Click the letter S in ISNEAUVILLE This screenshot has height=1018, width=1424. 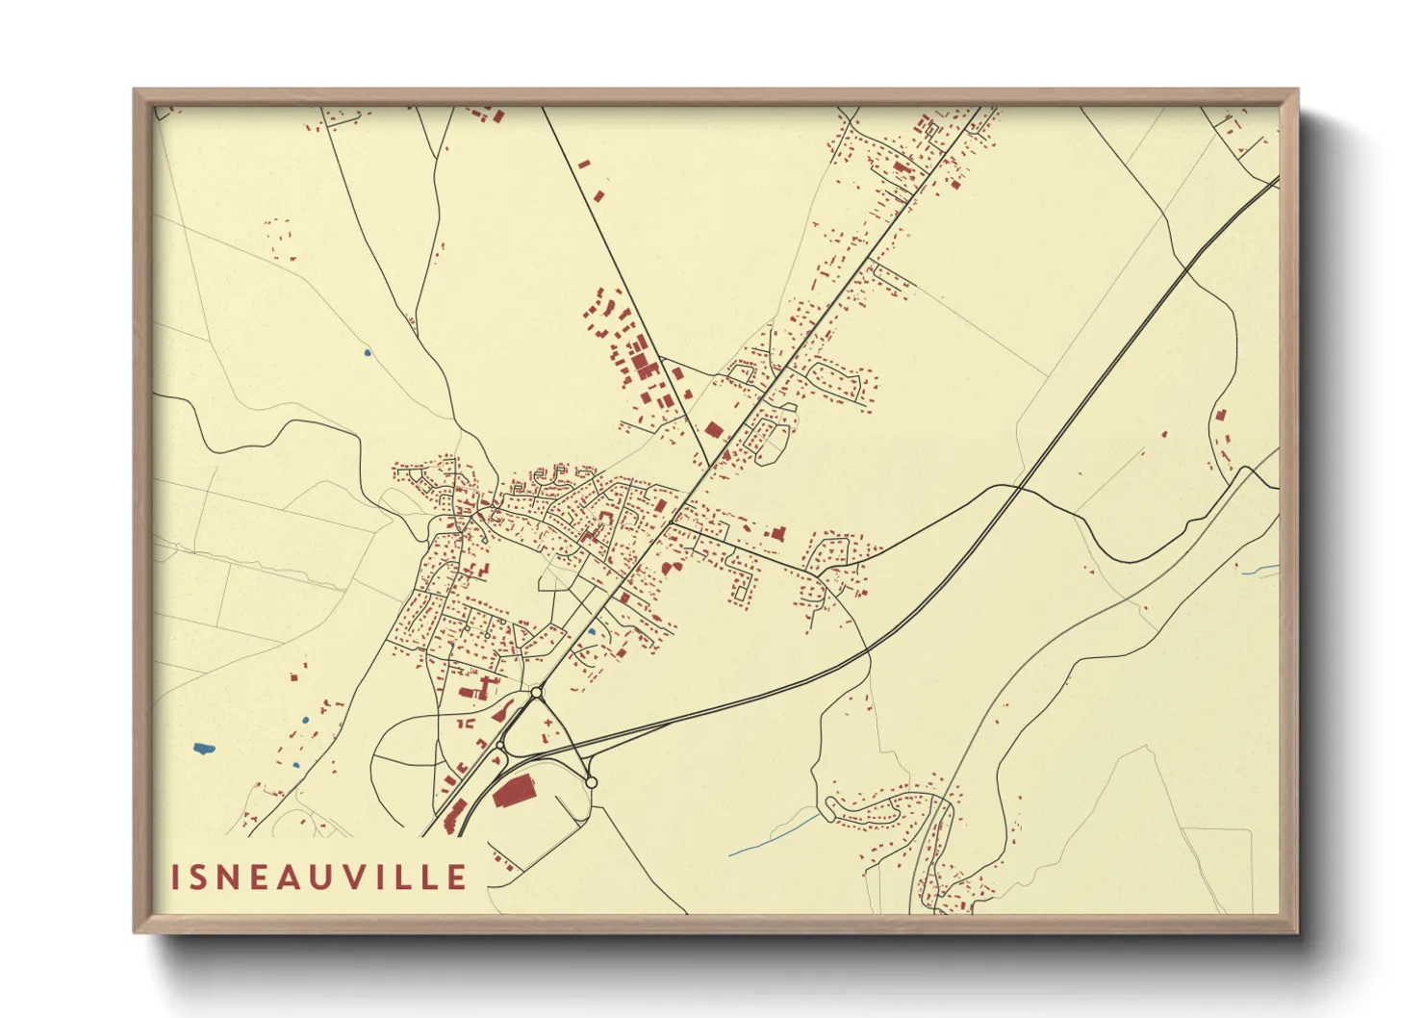click(200, 878)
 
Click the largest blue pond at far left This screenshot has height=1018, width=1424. click(203, 748)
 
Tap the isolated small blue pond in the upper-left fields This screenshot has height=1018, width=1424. click(367, 353)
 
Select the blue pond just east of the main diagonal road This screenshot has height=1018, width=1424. click(592, 632)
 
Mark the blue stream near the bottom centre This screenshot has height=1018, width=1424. click(775, 834)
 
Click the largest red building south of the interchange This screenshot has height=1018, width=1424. click(513, 793)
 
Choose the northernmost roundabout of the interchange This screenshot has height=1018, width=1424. click(536, 693)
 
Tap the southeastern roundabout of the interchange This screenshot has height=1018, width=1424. click(591, 782)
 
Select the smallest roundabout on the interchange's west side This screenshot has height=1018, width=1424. click(500, 746)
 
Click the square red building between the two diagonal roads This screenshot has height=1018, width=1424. click(713, 430)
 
